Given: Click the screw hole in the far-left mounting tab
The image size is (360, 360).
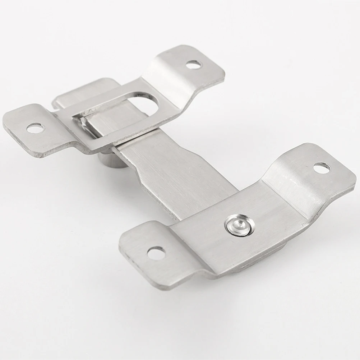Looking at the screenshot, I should pyautogui.click(x=35, y=128).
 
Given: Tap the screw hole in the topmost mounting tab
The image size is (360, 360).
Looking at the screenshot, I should pyautogui.click(x=194, y=65).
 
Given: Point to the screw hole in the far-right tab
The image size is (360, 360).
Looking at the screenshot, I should pyautogui.click(x=322, y=168).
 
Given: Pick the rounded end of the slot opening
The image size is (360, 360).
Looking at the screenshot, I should pyautogui.click(x=153, y=104).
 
